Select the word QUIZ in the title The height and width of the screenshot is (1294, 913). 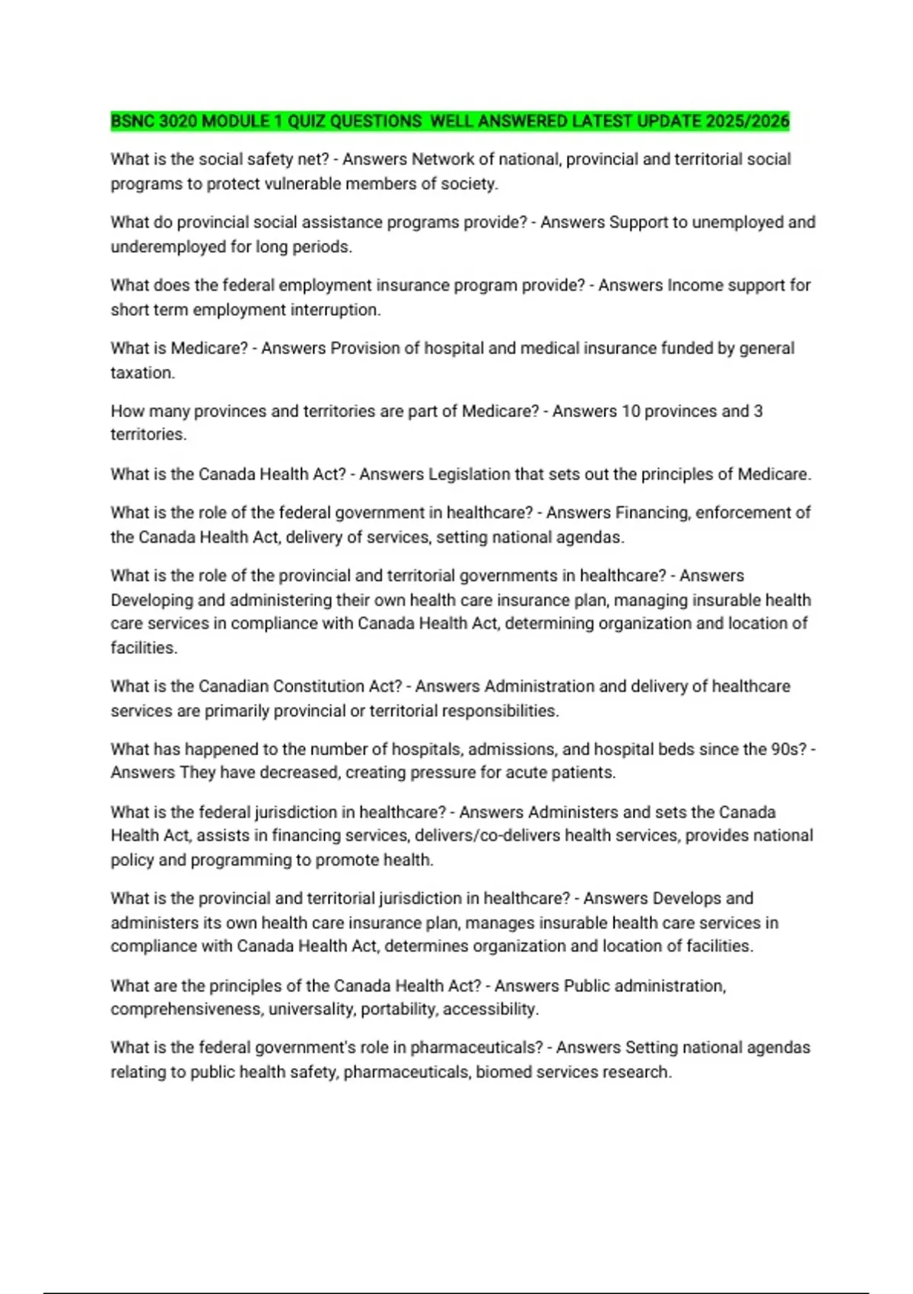pyautogui.click(x=307, y=121)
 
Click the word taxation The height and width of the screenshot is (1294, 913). pyautogui.click(x=142, y=373)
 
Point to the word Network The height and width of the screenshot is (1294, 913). pyautogui.click(x=443, y=159)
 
